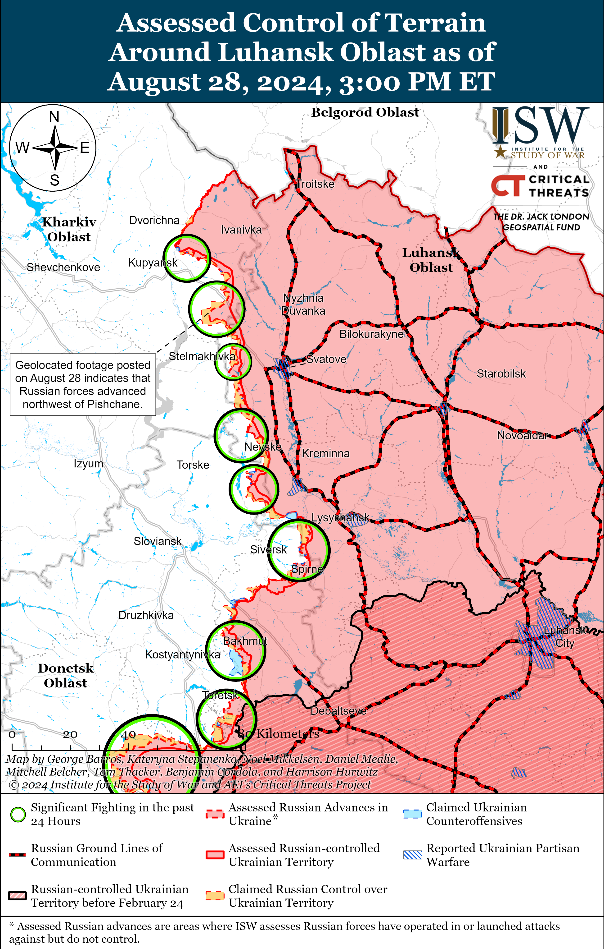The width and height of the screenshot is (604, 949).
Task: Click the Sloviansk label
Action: pos(158,541)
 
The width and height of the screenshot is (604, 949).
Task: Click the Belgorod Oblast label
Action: pos(365,112)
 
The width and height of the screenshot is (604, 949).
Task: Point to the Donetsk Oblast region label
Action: pos(65,676)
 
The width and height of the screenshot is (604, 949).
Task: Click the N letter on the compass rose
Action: pos(54,117)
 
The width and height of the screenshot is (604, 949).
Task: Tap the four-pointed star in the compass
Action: pos(55,148)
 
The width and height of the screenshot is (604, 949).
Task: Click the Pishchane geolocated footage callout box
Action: pos(83,385)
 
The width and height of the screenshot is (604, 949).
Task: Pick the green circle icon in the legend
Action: pos(18,815)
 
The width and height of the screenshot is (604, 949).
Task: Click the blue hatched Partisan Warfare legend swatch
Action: pos(412,855)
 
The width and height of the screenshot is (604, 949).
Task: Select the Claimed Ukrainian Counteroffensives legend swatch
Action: pos(412,814)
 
